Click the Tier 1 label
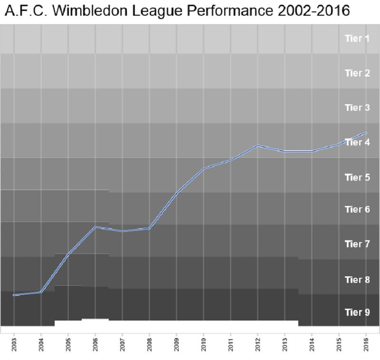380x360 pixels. pos(357,39)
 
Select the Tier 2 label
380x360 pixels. pos(357,73)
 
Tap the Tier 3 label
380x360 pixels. pos(357,108)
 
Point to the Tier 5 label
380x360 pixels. pos(357,177)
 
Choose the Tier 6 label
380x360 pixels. pos(357,210)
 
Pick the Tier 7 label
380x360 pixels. pos(357,244)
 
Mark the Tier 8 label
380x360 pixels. pos(357,280)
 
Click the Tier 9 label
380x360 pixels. pos(357,312)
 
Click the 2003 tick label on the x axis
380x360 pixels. pos(14,345)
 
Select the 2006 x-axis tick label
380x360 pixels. pos(95,345)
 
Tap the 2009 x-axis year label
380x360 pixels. pos(177,345)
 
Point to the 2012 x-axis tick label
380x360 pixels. pos(258,345)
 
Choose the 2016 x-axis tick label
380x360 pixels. pos(366,345)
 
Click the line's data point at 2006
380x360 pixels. pos(95,227)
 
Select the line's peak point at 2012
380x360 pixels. pos(258,146)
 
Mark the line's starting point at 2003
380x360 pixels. pos(14,295)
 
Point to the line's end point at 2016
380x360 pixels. pos(366,133)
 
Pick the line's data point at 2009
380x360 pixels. pos(177,194)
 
